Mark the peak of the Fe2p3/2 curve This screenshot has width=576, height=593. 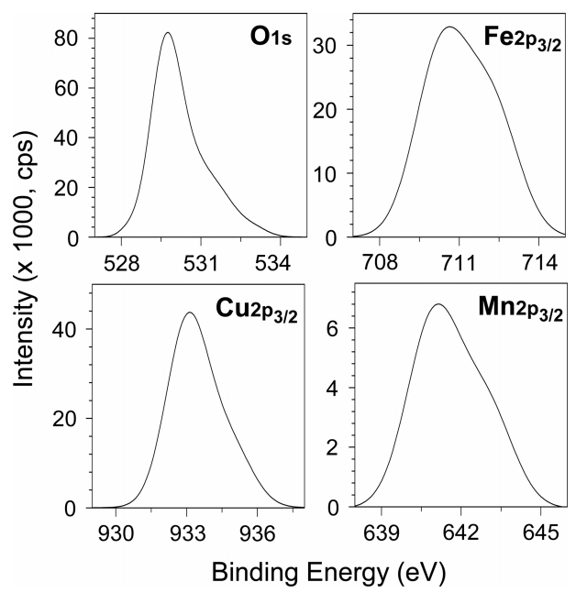pyautogui.click(x=449, y=27)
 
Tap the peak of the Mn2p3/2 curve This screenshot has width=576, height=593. pyautogui.click(x=438, y=304)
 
